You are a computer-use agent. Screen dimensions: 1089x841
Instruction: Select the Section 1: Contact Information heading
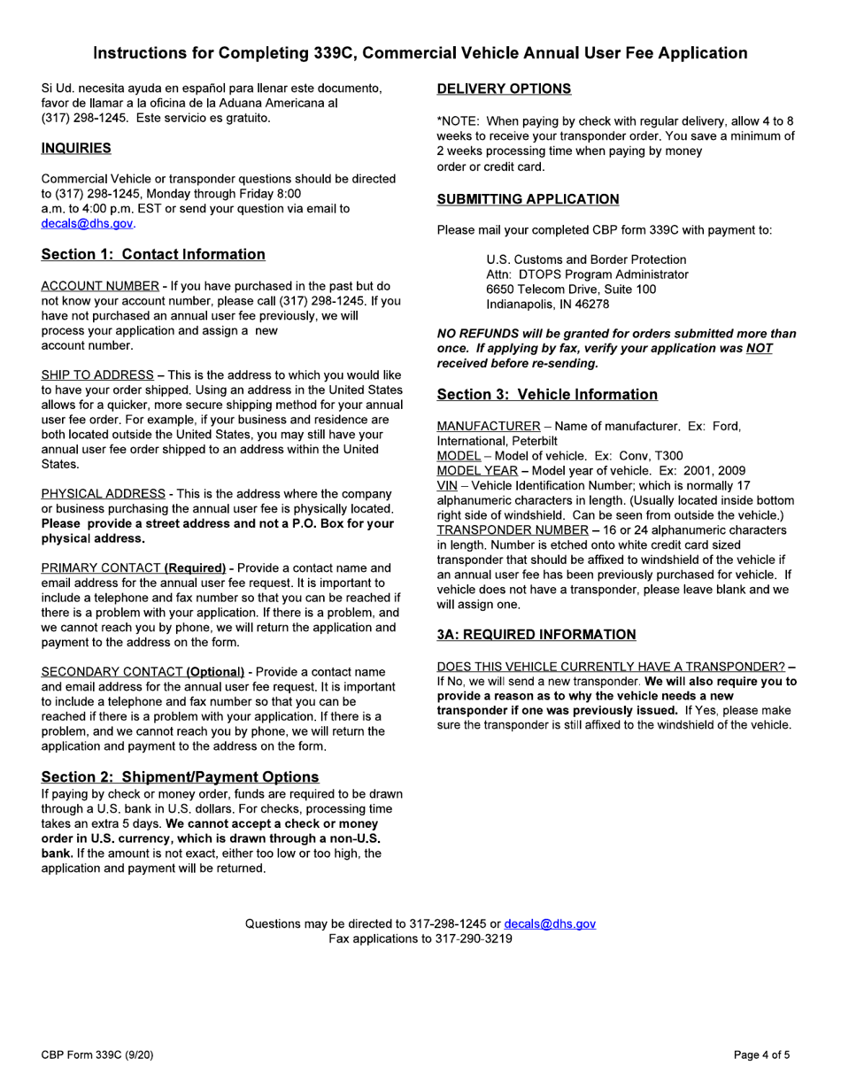coord(153,255)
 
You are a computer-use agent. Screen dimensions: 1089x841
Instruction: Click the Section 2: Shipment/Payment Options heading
coord(180,776)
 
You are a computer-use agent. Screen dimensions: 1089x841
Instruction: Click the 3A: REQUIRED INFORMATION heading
coord(536,634)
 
